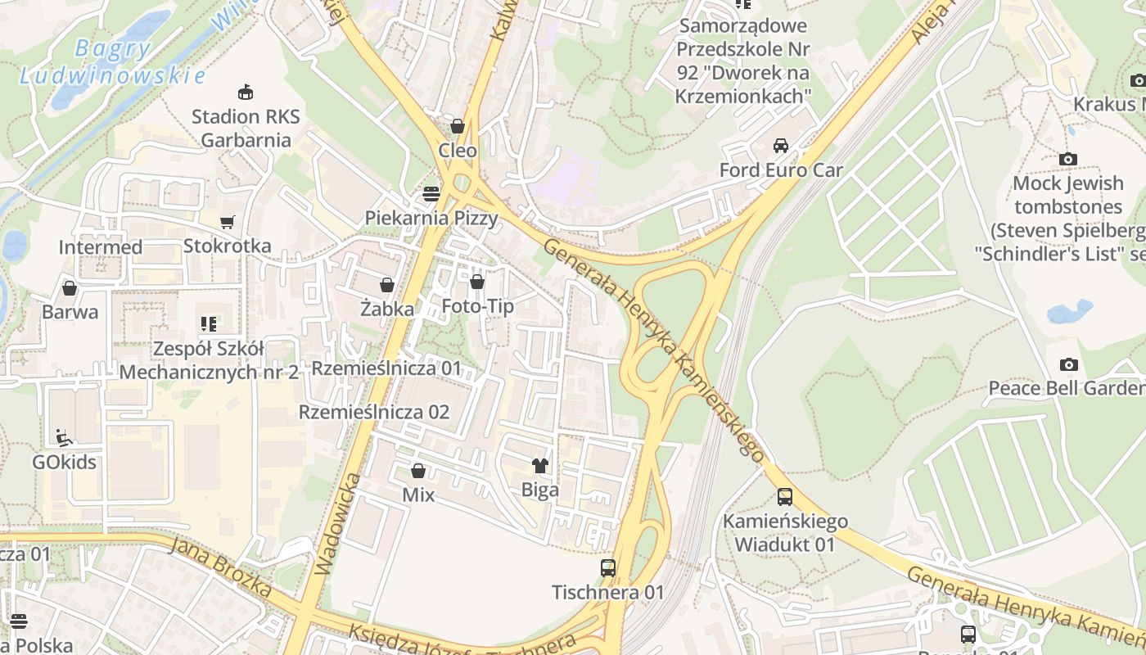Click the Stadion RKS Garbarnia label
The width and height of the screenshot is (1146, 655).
(x=246, y=129)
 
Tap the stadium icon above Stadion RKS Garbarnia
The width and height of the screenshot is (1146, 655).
(x=245, y=92)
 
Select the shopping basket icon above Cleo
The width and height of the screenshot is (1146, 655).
(x=458, y=126)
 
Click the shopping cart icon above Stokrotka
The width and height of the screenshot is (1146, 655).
(x=228, y=222)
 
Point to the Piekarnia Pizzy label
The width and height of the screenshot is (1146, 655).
(x=431, y=218)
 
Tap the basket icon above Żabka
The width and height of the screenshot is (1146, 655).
(x=386, y=285)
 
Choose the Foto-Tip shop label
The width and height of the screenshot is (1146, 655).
(x=477, y=306)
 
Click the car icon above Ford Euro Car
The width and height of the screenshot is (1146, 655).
(x=781, y=146)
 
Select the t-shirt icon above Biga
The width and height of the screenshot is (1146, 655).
(x=539, y=466)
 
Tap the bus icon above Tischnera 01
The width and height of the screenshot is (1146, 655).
(x=608, y=567)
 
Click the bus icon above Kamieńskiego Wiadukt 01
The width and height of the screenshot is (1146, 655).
(x=785, y=496)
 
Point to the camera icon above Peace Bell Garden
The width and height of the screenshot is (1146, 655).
(x=1068, y=364)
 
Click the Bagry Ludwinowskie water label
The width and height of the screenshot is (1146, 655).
(x=112, y=62)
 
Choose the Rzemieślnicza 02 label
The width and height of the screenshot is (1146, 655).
(x=374, y=412)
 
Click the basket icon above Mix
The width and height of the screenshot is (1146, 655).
(x=418, y=471)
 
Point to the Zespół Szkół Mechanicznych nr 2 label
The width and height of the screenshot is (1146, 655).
(x=209, y=361)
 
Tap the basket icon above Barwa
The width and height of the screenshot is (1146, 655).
(x=70, y=288)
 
